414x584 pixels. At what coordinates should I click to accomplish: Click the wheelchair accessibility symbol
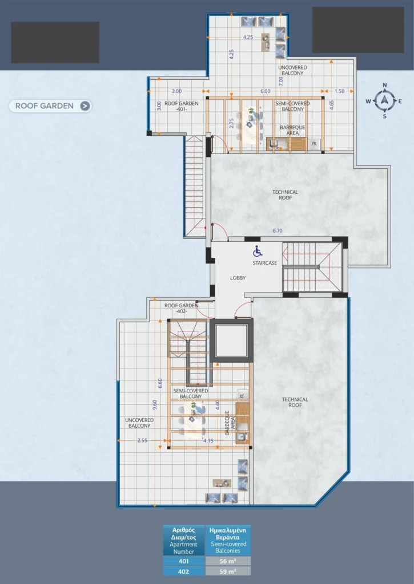coord(258,252)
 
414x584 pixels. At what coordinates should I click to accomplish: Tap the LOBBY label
coord(238,278)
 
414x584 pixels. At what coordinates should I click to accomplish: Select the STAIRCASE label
coord(265,263)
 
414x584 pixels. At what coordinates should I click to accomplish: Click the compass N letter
coord(385,86)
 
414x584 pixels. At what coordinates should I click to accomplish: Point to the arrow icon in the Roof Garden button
coord(85,106)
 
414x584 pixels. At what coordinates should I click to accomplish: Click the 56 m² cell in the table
coord(228,561)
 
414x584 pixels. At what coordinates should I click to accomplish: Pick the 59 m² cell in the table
coord(228,571)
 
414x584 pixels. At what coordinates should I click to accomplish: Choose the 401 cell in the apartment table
coord(184,561)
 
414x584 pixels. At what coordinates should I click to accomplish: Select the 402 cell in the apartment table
coord(184,571)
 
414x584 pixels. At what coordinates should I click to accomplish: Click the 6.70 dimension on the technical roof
coord(278,231)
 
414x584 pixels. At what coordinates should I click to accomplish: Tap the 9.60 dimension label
coord(155,405)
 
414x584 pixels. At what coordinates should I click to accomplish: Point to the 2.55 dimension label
coord(143,441)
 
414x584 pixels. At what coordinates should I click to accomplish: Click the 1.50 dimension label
coord(339,91)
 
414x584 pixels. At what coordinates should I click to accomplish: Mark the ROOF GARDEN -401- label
coord(181,107)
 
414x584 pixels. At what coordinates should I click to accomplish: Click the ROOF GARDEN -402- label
coord(181,309)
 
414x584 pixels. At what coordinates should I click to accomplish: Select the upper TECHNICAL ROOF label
coord(286,195)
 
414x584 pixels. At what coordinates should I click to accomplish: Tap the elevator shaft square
coord(232,341)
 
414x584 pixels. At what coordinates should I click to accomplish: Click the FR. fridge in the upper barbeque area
coord(315,143)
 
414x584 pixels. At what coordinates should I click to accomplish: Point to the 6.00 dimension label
coord(266,91)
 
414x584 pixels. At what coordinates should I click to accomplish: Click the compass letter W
coord(368,102)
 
